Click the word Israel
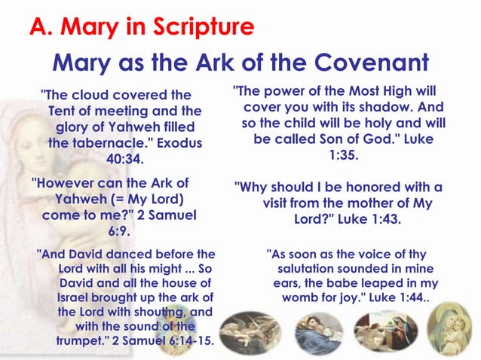tap(76, 297)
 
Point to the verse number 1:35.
tap(343, 155)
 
